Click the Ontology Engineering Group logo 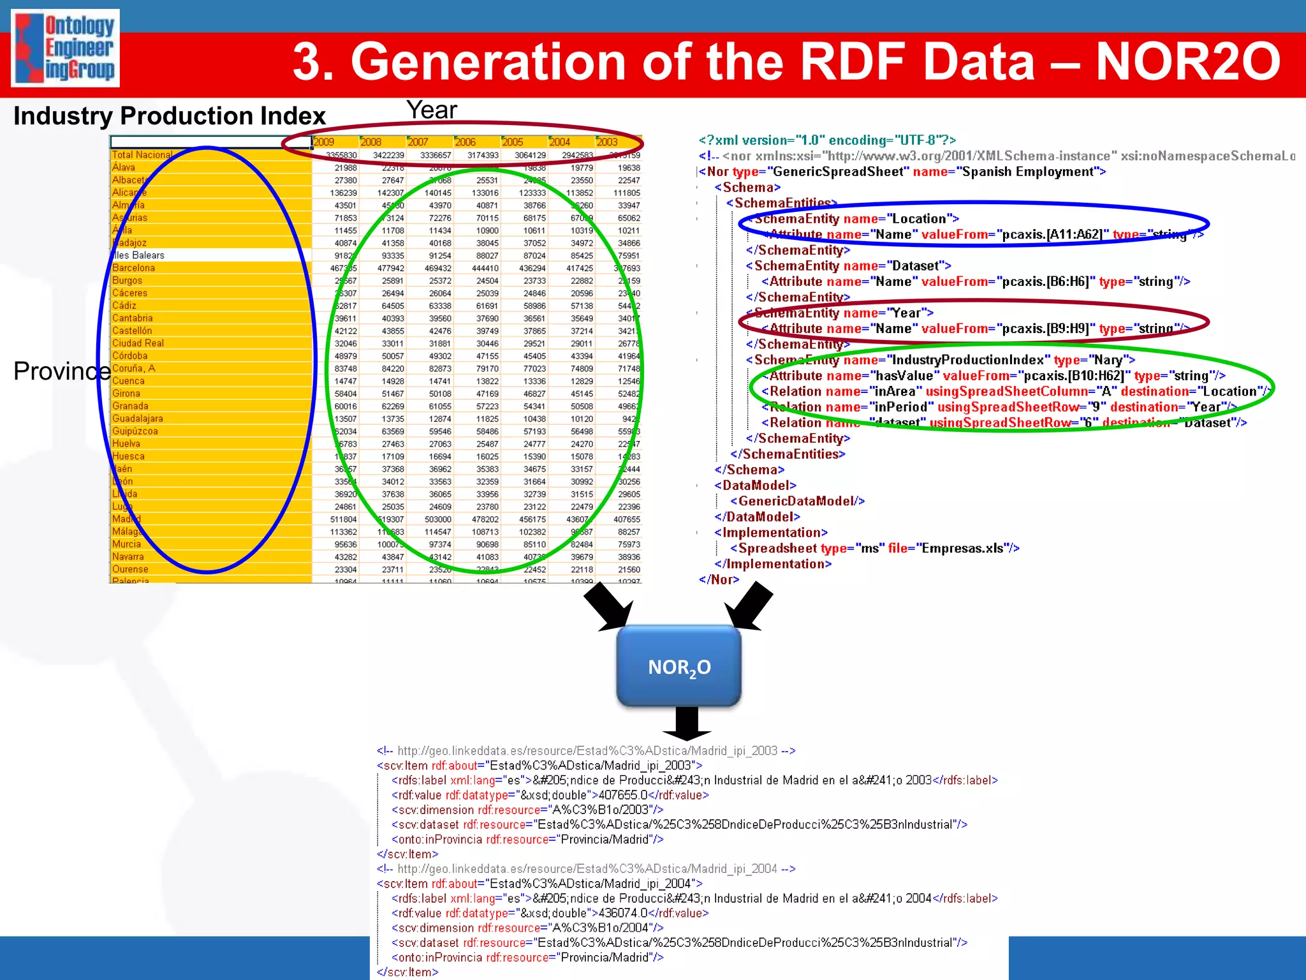(x=65, y=48)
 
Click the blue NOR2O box (x=679, y=667)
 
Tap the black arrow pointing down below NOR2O (x=686, y=724)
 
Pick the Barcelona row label (x=134, y=268)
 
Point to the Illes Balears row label (x=138, y=255)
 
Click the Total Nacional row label (x=142, y=155)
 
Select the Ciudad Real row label (x=138, y=343)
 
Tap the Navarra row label (x=128, y=557)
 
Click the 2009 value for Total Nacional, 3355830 (x=341, y=155)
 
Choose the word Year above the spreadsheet (x=432, y=110)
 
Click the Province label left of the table (x=62, y=371)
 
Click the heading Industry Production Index (x=170, y=116)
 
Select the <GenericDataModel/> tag (x=797, y=501)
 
